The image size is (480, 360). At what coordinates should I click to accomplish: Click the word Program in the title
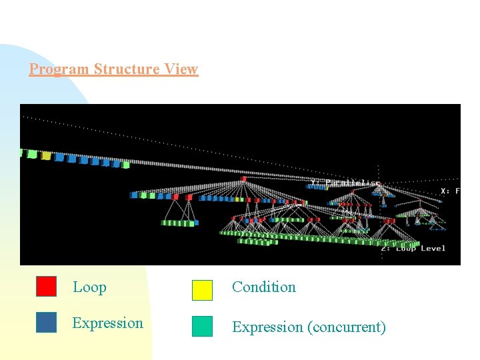(59, 69)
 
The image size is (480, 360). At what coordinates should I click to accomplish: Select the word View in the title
(182, 69)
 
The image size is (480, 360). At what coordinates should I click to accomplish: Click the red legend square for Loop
(46, 286)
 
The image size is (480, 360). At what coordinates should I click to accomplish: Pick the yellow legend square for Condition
(202, 290)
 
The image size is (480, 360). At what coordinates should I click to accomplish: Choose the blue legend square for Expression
(46, 322)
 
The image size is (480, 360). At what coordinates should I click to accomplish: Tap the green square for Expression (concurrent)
(202, 326)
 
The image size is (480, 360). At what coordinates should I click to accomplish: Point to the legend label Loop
(89, 287)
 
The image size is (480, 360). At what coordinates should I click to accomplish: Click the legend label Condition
(263, 287)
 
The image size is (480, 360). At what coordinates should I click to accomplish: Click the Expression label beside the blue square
(107, 323)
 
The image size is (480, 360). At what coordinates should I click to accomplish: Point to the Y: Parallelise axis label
(345, 183)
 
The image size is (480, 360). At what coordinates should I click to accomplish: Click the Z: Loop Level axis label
(413, 249)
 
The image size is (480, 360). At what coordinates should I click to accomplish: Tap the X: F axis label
(450, 191)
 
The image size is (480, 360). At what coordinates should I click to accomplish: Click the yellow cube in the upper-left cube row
(46, 155)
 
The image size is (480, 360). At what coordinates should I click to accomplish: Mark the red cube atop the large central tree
(243, 179)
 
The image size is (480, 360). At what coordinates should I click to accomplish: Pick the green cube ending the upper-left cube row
(126, 164)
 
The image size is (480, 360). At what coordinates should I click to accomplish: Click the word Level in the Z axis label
(433, 249)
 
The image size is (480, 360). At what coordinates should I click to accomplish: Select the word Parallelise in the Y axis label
(352, 183)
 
